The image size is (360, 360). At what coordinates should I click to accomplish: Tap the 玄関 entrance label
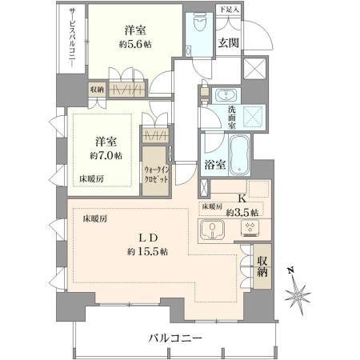228,42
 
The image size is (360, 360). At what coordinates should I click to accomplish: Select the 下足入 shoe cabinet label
229,10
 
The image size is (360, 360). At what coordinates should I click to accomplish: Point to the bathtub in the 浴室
239,154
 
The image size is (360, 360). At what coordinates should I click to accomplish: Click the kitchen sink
212,229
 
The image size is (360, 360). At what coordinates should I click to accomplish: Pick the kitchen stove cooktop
250,229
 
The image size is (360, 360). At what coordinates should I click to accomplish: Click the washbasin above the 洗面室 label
226,95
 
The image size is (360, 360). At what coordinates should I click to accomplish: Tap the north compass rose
298,294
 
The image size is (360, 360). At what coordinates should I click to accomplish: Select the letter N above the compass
290,270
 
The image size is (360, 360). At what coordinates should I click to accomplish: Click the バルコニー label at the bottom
175,338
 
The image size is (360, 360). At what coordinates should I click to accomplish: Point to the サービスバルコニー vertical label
73,38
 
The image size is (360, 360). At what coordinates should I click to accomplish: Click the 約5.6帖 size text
135,44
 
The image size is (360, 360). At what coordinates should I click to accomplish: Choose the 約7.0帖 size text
106,155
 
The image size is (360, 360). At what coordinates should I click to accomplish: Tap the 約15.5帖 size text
147,251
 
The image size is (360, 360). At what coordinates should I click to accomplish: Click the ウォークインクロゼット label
156,174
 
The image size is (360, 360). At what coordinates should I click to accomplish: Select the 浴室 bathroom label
215,165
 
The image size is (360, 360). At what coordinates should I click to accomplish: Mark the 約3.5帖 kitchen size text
242,213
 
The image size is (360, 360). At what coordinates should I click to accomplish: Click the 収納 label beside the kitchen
262,266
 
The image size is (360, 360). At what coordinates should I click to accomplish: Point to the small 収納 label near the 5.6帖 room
97,90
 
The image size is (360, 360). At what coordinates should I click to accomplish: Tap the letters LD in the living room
148,238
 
